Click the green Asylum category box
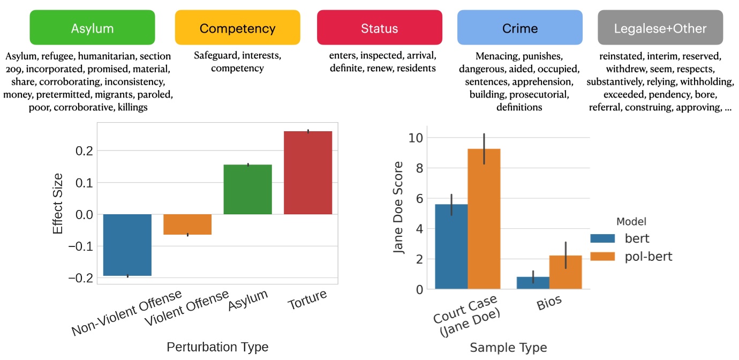click(92, 28)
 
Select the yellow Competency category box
click(237, 28)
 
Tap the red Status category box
click(379, 28)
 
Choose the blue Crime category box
click(519, 28)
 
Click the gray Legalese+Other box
click(660, 28)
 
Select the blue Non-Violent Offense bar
click(127, 245)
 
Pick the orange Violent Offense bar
click(187, 224)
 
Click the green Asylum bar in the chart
click(248, 190)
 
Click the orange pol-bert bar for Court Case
click(484, 219)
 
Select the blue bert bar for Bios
click(533, 283)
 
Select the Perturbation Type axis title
click(217, 347)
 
